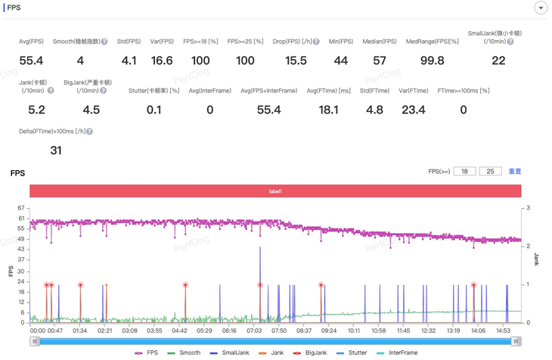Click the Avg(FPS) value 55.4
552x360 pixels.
(31, 61)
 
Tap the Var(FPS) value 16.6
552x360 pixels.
(162, 61)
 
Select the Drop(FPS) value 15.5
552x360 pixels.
(296, 61)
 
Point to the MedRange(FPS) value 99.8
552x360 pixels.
(432, 61)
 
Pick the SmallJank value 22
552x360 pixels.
(498, 61)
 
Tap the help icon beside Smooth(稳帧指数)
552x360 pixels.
(104, 42)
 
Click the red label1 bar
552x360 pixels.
(275, 191)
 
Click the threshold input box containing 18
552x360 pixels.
(464, 172)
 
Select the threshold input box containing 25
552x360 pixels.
(490, 172)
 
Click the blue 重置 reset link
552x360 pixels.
(514, 172)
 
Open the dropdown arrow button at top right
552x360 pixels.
(541, 8)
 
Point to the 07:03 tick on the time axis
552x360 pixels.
(254, 331)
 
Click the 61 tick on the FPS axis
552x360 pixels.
(20, 218)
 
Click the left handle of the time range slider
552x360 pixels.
(35, 342)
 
